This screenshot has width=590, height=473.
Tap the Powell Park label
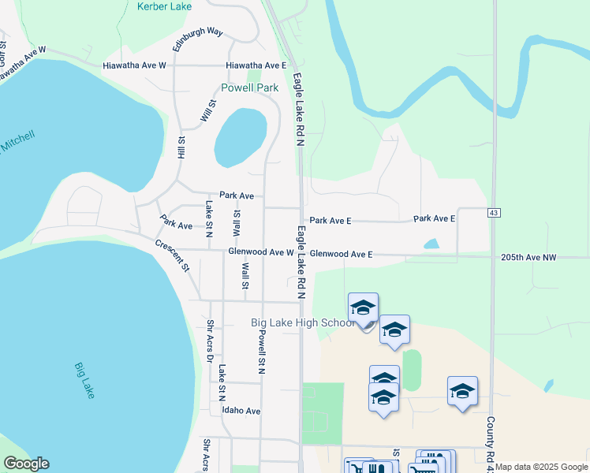pyautogui.click(x=249, y=88)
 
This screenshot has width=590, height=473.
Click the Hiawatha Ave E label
pyautogui.click(x=256, y=65)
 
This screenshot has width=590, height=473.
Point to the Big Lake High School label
pyautogui.click(x=303, y=323)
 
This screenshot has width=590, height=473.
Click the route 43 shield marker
pyautogui.click(x=494, y=214)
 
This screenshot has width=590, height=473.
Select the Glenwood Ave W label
pyautogui.click(x=260, y=252)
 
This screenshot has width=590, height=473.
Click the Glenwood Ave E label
pyautogui.click(x=341, y=255)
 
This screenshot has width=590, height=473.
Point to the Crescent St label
pyautogui.click(x=172, y=255)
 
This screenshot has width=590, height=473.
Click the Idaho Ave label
pyautogui.click(x=241, y=412)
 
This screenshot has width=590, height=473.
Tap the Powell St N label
pyautogui.click(x=261, y=350)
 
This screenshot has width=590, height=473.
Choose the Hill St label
pyautogui.click(x=181, y=147)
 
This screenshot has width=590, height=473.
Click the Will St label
pyautogui.click(x=207, y=111)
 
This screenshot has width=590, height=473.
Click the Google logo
pyautogui.click(x=26, y=464)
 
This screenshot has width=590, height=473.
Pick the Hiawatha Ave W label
pyautogui.click(x=134, y=65)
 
